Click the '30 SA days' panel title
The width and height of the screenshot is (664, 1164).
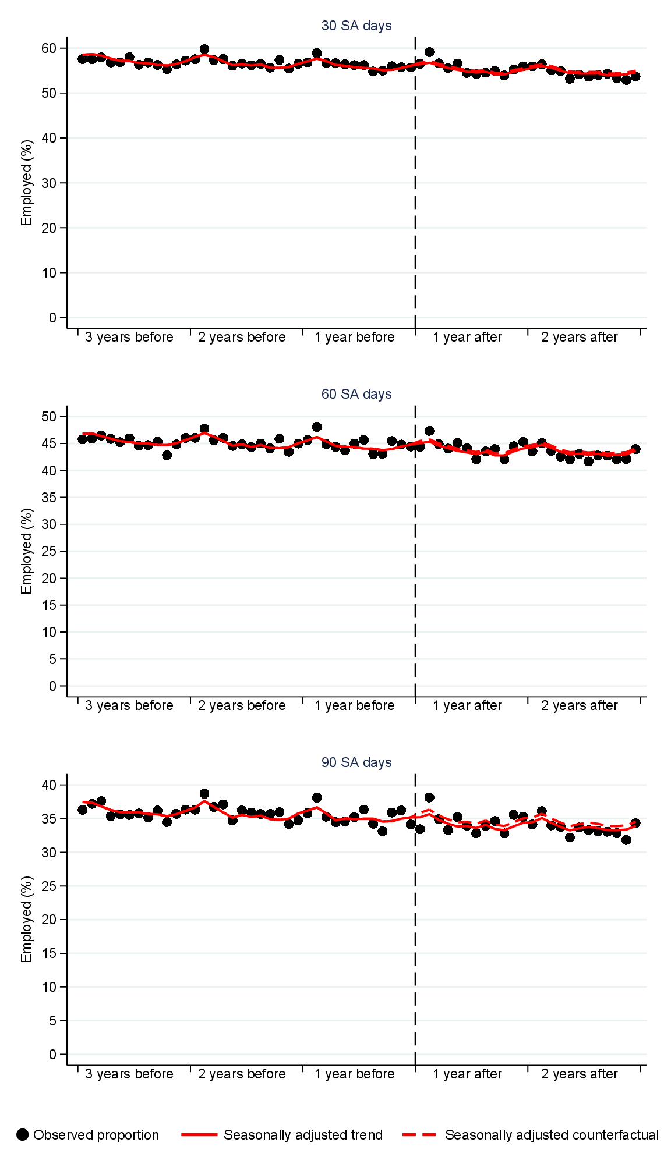click(x=356, y=26)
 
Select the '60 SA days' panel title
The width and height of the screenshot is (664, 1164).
click(x=356, y=394)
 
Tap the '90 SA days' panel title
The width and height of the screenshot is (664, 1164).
click(x=356, y=762)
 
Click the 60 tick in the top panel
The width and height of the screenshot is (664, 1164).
click(x=49, y=48)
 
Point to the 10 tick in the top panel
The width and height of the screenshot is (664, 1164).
click(x=49, y=273)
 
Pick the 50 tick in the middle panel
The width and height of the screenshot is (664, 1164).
click(x=49, y=417)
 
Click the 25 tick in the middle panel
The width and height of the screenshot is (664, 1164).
click(x=49, y=551)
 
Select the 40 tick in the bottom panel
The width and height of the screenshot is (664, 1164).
click(x=49, y=785)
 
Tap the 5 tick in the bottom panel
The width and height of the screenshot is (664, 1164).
click(x=53, y=1021)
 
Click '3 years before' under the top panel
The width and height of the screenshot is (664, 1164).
click(x=129, y=338)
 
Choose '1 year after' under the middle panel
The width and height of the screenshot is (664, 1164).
click(x=467, y=706)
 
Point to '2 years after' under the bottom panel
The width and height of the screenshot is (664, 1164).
click(x=579, y=1074)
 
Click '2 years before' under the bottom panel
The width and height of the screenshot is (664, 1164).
click(x=242, y=1074)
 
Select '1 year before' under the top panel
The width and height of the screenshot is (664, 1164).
click(x=355, y=338)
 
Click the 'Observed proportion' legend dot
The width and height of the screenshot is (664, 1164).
click(x=23, y=1135)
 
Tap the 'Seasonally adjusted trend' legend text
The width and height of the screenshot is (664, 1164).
click(x=303, y=1135)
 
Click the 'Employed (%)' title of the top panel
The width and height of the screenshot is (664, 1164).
click(x=26, y=183)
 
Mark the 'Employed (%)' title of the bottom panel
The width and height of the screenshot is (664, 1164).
click(x=26, y=920)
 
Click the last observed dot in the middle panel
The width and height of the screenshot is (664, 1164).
click(x=635, y=449)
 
